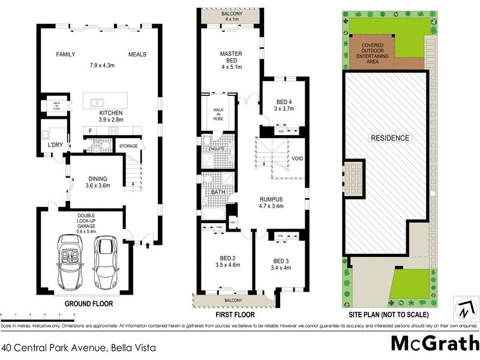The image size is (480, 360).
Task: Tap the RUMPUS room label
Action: [271, 199]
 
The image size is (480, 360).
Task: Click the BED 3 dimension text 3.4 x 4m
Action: [281, 268]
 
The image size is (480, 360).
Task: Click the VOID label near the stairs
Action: [297, 159]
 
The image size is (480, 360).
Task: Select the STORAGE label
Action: [128, 146]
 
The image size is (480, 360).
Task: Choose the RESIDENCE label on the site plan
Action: [390, 138]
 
